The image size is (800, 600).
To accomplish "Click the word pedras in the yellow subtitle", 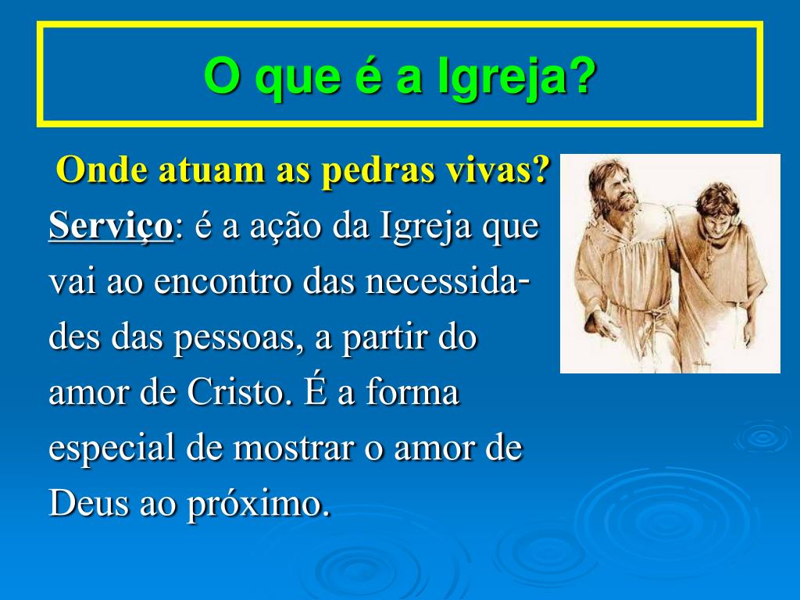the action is coord(375,170).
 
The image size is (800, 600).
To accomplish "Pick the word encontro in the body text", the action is coord(223,281).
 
